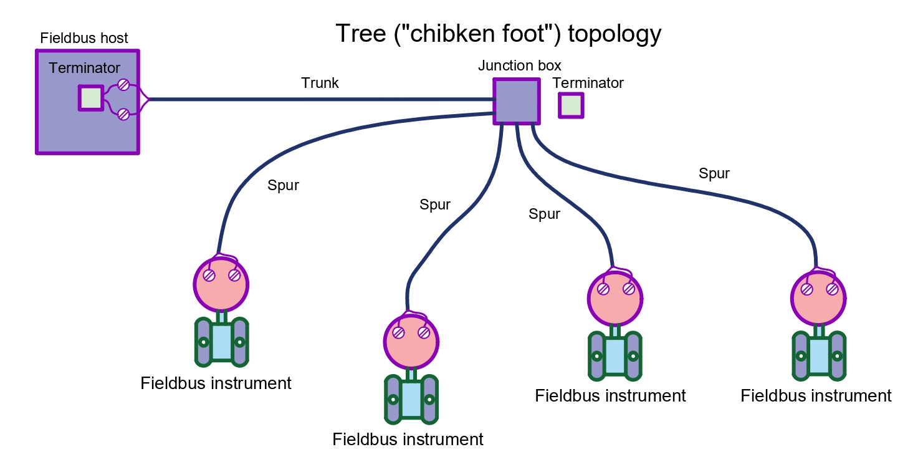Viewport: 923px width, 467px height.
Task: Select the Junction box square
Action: click(516, 101)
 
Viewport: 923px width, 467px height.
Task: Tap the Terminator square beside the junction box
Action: click(571, 105)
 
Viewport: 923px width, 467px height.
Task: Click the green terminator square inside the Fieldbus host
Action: click(91, 98)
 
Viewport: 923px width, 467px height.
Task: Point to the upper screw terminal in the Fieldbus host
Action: click(123, 85)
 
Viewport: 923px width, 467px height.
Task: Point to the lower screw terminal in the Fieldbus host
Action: click(123, 113)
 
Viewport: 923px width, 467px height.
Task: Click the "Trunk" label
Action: click(320, 83)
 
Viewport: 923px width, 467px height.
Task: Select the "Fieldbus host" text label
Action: click(84, 38)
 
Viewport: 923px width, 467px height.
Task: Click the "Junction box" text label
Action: click(520, 65)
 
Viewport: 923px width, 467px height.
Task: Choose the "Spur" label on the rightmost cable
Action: click(714, 173)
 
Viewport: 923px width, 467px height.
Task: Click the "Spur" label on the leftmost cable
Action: click(283, 185)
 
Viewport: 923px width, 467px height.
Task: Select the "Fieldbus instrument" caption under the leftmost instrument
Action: click(216, 383)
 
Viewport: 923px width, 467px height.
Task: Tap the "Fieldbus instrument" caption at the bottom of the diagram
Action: click(408, 439)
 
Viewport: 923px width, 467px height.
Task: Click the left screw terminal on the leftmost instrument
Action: click(209, 276)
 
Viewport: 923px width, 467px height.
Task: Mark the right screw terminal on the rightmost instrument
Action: click(832, 289)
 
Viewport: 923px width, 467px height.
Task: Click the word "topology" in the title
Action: click(612, 33)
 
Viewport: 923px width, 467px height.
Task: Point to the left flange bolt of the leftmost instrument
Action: click(203, 342)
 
